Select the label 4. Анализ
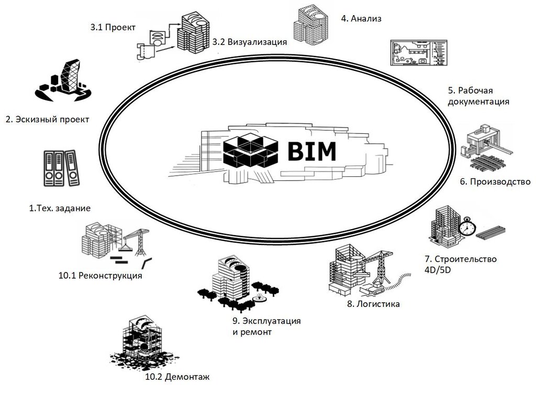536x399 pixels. pyautogui.click(x=361, y=19)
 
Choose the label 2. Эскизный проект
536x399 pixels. pyautogui.click(x=47, y=119)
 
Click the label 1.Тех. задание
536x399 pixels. pyautogui.click(x=60, y=208)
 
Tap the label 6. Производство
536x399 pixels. pyautogui.click(x=495, y=182)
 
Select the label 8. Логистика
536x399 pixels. pyautogui.click(x=373, y=304)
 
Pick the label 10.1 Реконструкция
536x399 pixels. pyautogui.click(x=100, y=276)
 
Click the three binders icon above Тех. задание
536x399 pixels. pyautogui.click(x=59, y=168)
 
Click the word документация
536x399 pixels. pyautogui.click(x=478, y=101)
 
